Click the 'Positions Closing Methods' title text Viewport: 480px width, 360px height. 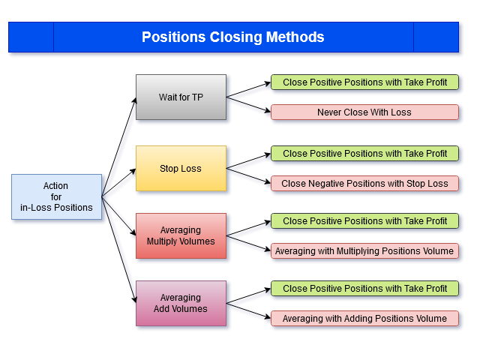pyautogui.click(x=233, y=37)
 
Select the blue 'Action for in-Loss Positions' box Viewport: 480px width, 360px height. pyautogui.click(x=57, y=196)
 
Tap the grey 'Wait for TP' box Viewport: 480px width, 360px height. pyautogui.click(x=181, y=97)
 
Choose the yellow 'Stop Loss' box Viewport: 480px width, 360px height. pyautogui.click(x=181, y=168)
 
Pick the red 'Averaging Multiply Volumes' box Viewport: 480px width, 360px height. pyautogui.click(x=181, y=235)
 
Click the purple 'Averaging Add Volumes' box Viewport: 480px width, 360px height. pyautogui.click(x=181, y=303)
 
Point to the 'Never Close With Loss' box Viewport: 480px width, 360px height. pyautogui.click(x=365, y=112)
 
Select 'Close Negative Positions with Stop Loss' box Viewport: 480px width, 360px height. pyautogui.click(x=365, y=183)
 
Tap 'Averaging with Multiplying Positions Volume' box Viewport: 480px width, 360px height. pyautogui.click(x=365, y=251)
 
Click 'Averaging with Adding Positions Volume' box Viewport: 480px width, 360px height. pyautogui.click(x=365, y=318)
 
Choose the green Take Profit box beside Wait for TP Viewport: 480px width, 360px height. pyautogui.click(x=365, y=82)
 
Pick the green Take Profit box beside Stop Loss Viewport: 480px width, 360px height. pyautogui.click(x=365, y=153)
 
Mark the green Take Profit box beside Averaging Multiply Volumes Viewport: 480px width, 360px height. pyautogui.click(x=365, y=220)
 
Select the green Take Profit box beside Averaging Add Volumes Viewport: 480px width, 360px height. pyautogui.click(x=365, y=288)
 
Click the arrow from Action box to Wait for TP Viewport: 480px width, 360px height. pyautogui.click(x=118, y=147)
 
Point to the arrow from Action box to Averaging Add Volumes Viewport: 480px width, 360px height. pyautogui.click(x=118, y=250)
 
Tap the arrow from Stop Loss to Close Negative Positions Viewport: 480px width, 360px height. pyautogui.click(x=248, y=176)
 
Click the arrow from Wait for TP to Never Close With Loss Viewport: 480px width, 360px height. pyautogui.click(x=248, y=105)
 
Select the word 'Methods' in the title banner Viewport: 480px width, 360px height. pyautogui.click(x=295, y=37)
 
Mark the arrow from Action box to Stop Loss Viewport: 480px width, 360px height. pyautogui.click(x=118, y=182)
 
